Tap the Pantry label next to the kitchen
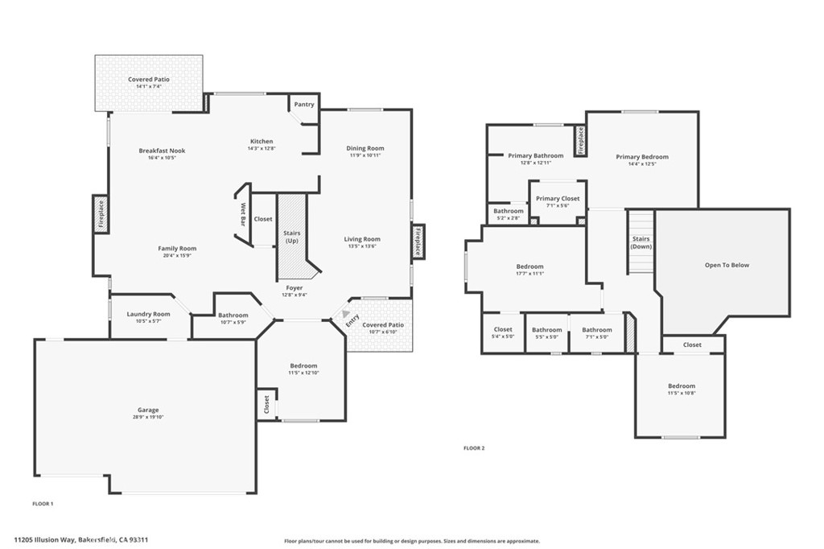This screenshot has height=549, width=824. coord(304,105)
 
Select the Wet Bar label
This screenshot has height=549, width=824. coord(242,213)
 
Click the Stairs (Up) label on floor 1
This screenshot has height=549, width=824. coord(291,237)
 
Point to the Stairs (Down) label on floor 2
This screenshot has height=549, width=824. coord(641,242)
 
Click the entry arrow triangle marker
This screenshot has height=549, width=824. coord(346,314)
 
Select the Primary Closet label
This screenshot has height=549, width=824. coord(558,199)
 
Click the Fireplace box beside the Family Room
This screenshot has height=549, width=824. coord(101,215)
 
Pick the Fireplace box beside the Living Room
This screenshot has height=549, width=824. coord(418,241)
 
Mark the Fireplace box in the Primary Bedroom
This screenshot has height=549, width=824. coord(579,142)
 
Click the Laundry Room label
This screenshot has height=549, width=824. coord(149,314)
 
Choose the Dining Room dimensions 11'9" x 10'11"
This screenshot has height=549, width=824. coord(365,155)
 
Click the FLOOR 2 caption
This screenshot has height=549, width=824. coord(474,448)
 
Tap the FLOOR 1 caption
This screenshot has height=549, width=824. coord(43,503)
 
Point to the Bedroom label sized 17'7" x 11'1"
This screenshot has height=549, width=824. coord(529,266)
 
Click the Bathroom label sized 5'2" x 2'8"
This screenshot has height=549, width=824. coord(508,212)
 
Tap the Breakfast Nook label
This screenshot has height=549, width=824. coord(162,151)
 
